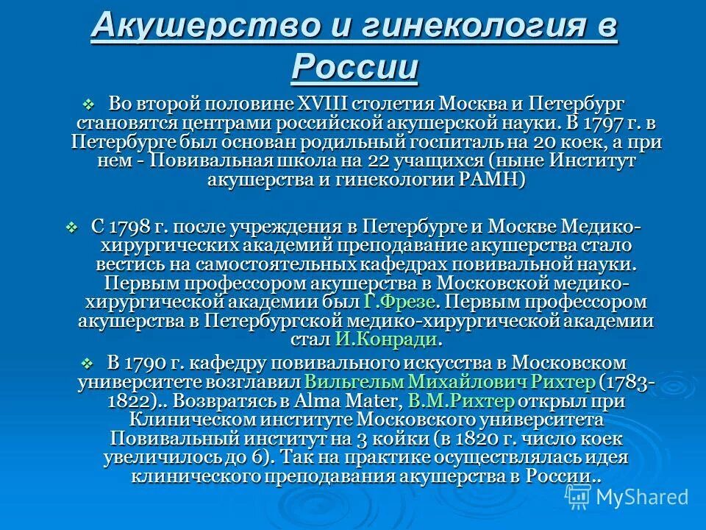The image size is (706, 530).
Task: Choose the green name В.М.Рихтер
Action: pyautogui.click(x=461, y=401)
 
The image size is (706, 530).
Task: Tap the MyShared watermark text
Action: pyautogui.click(x=641, y=496)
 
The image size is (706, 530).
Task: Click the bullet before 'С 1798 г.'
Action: pyautogui.click(x=71, y=227)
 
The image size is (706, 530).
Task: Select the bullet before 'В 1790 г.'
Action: pyautogui.click(x=87, y=363)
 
